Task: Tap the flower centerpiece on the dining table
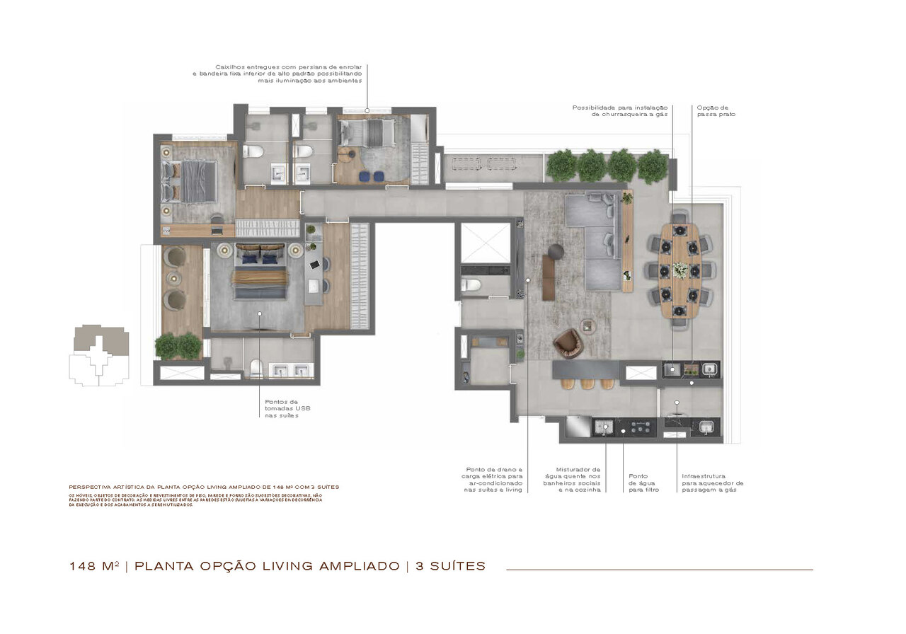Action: [x=679, y=270]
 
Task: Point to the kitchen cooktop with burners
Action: [x=639, y=427]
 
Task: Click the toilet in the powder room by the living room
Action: [x=471, y=285]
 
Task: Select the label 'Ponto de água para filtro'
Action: [x=643, y=483]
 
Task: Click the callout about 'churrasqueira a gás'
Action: [x=619, y=111]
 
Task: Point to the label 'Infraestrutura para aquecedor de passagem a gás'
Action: [x=712, y=483]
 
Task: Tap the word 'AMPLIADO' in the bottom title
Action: [x=359, y=566]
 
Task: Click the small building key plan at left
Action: [x=98, y=355]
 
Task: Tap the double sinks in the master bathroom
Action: [x=292, y=370]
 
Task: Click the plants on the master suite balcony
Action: [x=178, y=346]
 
